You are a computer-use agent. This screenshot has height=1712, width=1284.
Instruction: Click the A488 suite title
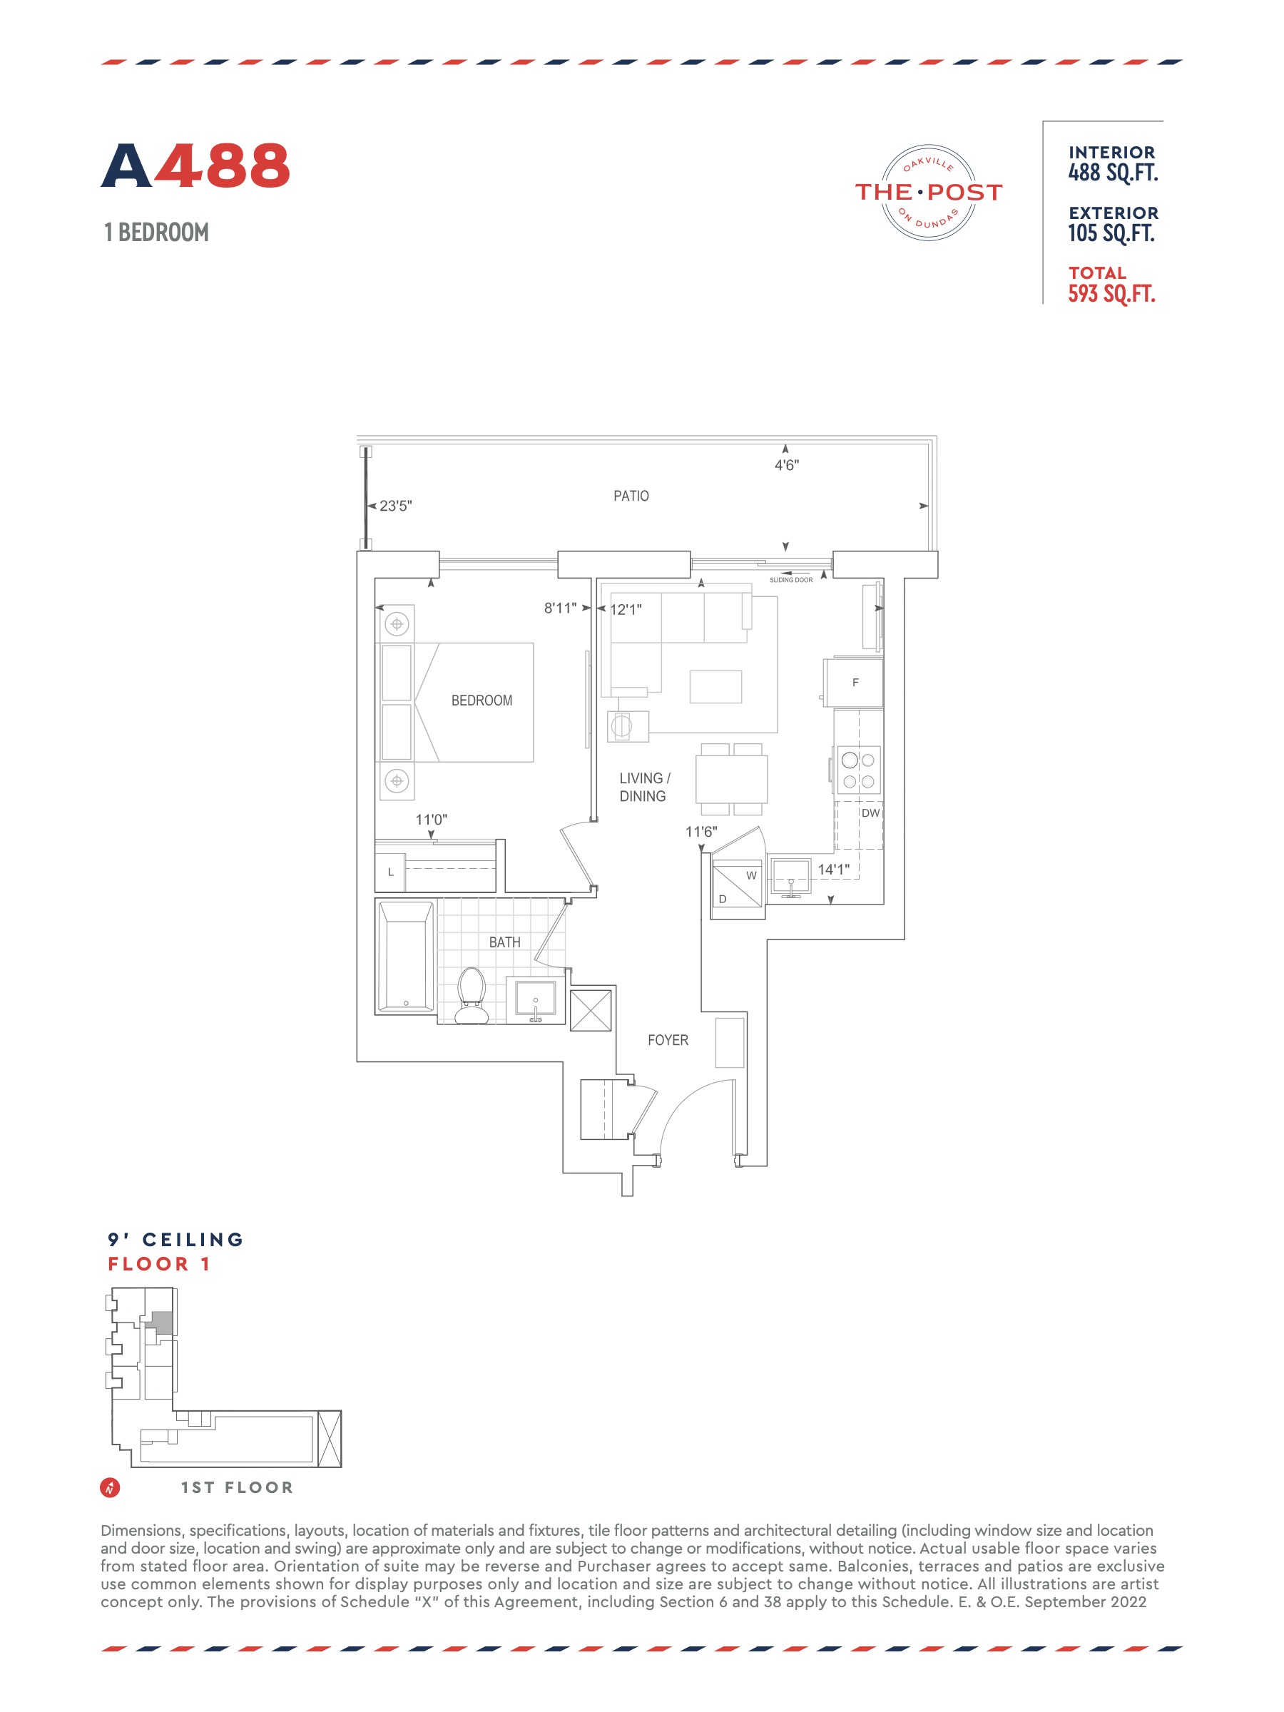click(x=195, y=165)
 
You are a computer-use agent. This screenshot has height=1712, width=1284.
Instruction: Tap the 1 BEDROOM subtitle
click(x=156, y=232)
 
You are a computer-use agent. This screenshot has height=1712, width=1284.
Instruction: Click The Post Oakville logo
click(x=928, y=192)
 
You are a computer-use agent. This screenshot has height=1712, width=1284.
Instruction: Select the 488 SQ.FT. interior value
click(x=1113, y=173)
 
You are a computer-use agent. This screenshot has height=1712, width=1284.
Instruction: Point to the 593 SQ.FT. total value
click(x=1111, y=294)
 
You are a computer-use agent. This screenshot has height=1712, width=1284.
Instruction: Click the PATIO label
click(x=631, y=496)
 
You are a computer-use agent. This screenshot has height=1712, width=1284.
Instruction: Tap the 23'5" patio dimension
click(x=395, y=506)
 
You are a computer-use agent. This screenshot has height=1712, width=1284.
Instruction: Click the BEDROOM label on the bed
click(x=481, y=700)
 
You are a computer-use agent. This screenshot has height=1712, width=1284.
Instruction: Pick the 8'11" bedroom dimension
click(x=561, y=608)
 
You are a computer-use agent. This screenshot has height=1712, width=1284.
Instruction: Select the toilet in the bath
click(x=472, y=995)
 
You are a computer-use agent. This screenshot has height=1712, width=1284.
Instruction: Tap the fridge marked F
click(x=854, y=683)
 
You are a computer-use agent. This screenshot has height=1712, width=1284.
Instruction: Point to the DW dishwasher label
click(x=871, y=812)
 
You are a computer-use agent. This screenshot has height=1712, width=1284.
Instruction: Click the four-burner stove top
click(x=858, y=770)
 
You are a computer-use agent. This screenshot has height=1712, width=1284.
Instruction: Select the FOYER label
click(x=668, y=1040)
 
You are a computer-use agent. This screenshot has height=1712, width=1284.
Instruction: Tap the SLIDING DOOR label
click(x=791, y=580)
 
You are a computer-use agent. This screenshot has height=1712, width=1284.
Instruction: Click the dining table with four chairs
click(x=731, y=780)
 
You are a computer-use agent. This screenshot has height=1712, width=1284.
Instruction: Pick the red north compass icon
click(x=110, y=1487)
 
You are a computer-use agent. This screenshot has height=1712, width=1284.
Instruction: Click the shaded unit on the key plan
click(x=160, y=1321)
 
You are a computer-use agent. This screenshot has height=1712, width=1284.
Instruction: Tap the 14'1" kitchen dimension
click(x=834, y=869)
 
